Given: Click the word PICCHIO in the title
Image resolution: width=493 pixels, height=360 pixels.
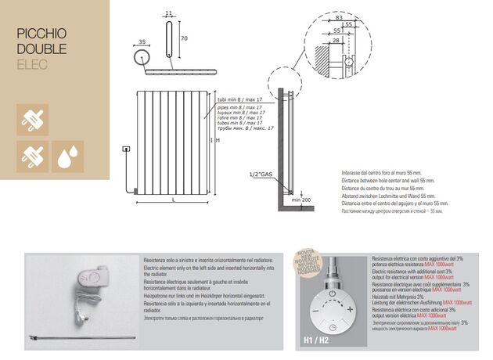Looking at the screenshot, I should (x=41, y=34).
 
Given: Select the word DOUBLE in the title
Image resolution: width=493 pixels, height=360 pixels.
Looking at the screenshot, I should (x=41, y=49).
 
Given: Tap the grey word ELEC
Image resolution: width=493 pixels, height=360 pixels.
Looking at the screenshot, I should (x=32, y=64).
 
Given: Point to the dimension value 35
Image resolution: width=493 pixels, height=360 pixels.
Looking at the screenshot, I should (x=141, y=42).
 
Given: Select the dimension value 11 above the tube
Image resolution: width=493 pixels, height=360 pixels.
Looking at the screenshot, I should (x=168, y=13).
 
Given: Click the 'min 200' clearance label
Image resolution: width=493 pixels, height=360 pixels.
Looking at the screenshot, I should (x=301, y=200).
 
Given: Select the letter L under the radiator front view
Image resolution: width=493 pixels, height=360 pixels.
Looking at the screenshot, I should (x=174, y=201).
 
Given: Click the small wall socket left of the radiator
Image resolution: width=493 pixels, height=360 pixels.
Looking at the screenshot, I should (x=124, y=148).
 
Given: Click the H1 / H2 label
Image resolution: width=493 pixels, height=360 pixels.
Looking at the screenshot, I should (x=315, y=341).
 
